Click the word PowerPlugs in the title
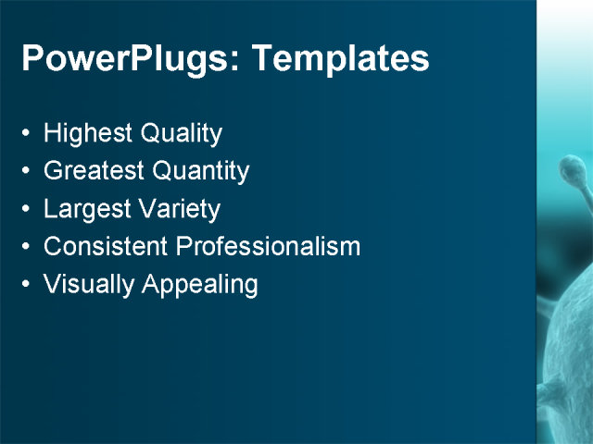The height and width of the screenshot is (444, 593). (126, 59)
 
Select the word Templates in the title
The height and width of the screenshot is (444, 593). (340, 59)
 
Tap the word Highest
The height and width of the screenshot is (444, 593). (88, 134)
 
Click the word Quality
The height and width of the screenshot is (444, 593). (182, 134)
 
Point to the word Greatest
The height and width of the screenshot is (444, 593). (94, 171)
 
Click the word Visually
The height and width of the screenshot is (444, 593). (89, 285)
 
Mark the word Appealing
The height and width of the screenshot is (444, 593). (200, 285)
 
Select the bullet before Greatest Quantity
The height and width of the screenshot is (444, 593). (25, 172)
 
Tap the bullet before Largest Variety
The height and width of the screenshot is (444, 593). (25, 210)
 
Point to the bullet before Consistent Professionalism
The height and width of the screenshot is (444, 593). (25, 248)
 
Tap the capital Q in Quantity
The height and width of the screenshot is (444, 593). (163, 171)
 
